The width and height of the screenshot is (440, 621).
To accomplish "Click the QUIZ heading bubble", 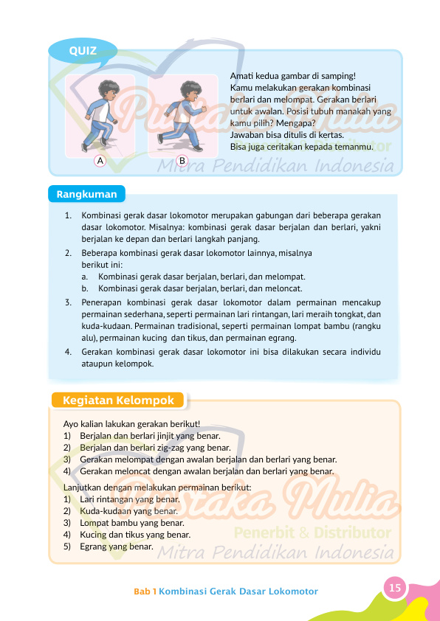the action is (82, 50).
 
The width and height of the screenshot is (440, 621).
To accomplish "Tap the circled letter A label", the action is (99, 160).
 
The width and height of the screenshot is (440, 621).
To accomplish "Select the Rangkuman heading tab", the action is (87, 194).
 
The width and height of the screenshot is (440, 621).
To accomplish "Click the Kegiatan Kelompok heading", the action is (119, 400).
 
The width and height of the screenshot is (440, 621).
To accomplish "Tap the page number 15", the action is (395, 587).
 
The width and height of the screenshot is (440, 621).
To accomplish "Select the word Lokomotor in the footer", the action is (293, 591).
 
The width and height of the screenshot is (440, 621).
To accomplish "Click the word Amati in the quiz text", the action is (242, 76).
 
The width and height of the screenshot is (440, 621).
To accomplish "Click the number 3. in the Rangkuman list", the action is (67, 302).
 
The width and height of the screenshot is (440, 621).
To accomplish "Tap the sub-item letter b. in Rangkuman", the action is (86, 288).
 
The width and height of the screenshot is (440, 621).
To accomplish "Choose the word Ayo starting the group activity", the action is (72, 424).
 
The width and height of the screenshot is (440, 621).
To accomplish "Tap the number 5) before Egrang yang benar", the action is (68, 547).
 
